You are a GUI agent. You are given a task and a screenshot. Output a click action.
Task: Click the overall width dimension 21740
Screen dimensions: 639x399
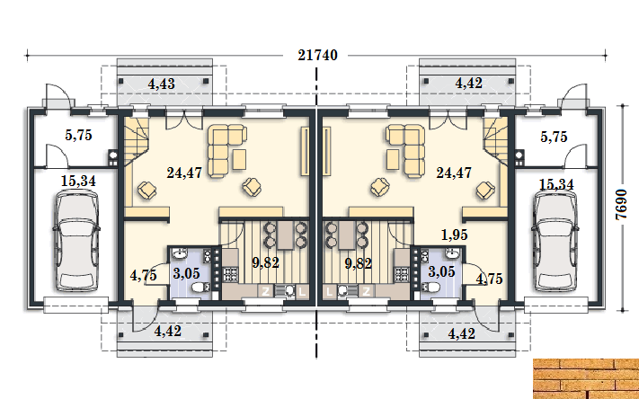pyautogui.click(x=317, y=55)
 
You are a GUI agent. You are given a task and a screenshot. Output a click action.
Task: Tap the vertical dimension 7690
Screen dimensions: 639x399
pyautogui.click(x=621, y=205)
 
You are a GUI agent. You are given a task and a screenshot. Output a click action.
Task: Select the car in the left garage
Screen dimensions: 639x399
pyautogui.click(x=75, y=242)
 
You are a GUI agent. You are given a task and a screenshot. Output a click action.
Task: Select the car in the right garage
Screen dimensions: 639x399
pyautogui.click(x=555, y=242)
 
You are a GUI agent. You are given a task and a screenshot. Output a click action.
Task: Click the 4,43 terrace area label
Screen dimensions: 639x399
pyautogui.click(x=162, y=84)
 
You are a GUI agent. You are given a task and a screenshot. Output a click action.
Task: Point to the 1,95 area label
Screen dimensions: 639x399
pyautogui.click(x=455, y=235)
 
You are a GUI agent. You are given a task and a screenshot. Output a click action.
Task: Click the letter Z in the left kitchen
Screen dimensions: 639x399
pyautogui.click(x=266, y=291)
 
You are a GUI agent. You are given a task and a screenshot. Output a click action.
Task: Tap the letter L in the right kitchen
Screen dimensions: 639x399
pyautogui.click(x=330, y=291)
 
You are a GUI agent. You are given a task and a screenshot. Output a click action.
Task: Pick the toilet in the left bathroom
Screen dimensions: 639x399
pyautogui.click(x=200, y=288)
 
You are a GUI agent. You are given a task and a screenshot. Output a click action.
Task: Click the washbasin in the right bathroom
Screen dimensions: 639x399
pyautogui.click(x=451, y=254)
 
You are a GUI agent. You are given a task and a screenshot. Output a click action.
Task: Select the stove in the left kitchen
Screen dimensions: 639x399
pyautogui.click(x=231, y=274)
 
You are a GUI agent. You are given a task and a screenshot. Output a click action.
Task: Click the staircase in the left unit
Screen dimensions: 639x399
pyautogui.click(x=136, y=141)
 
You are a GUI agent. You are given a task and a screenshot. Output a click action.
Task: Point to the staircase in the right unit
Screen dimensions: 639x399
pyautogui.click(x=496, y=141)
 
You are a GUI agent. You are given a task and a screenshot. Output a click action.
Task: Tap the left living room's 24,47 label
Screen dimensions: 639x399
pyautogui.click(x=184, y=173)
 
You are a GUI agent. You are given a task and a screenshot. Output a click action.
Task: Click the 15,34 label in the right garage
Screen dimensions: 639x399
pyautogui.click(x=556, y=184)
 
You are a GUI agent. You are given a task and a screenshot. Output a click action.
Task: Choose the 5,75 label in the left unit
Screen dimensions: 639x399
pyautogui.click(x=79, y=135)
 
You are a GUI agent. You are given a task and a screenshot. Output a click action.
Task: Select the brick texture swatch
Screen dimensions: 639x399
pyautogui.click(x=586, y=378)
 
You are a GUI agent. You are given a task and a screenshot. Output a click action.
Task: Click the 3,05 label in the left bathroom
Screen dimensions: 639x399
pyautogui.click(x=186, y=273)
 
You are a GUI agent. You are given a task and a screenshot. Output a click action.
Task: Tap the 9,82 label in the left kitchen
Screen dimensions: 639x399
pyautogui.click(x=266, y=263)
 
